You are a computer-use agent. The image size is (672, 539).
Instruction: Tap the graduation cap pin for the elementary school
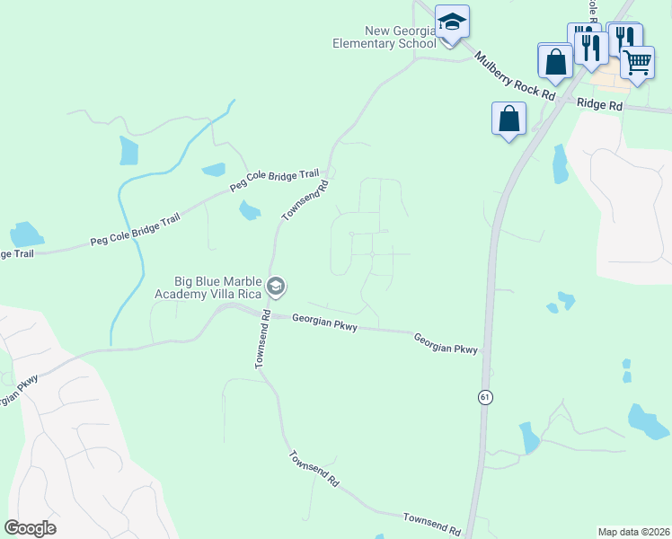pos(451,22)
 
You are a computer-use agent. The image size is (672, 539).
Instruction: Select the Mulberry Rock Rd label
pos(517,74)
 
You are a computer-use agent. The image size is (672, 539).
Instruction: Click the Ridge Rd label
pos(600,105)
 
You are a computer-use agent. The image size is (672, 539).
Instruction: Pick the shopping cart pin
pos(637,63)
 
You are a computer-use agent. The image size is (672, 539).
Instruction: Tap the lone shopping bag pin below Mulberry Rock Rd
pos(508,119)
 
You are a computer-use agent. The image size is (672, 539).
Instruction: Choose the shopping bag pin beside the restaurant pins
pos(555,61)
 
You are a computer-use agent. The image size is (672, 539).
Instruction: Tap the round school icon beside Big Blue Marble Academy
pos(277,287)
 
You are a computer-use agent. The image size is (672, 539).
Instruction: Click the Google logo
pos(30,527)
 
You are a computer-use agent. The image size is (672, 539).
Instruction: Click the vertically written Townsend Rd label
pos(262,340)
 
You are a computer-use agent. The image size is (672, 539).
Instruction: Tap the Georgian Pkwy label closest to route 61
pos(446,342)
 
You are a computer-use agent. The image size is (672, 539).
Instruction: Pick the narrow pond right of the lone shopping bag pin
pos(560,163)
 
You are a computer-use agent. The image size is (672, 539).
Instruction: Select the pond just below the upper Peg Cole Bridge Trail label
pos(249,211)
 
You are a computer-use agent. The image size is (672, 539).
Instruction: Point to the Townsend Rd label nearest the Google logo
pos(314,469)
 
